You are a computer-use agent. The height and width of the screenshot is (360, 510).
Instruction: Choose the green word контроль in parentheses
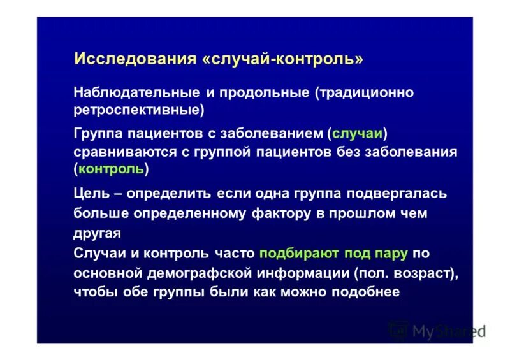(x=112, y=169)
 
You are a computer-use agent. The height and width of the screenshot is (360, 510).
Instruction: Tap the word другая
(x=97, y=233)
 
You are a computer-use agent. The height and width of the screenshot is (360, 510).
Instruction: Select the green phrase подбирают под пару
(x=333, y=253)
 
